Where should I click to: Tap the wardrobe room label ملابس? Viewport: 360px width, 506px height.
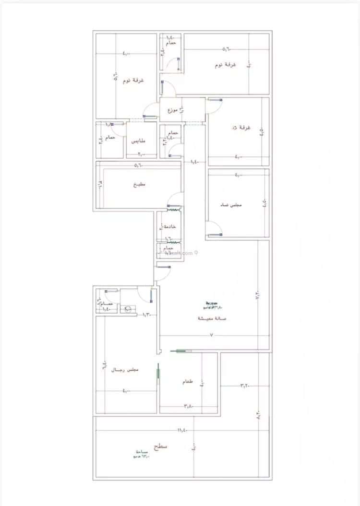point(138,141)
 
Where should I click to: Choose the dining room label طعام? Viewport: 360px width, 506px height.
point(188,382)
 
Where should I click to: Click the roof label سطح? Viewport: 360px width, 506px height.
point(160,447)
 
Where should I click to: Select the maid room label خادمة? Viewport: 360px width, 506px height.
point(170,226)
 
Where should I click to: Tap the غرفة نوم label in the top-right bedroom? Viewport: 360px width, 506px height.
point(225,65)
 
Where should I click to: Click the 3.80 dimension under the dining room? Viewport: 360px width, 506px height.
point(188,406)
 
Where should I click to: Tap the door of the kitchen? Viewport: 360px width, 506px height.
point(175,199)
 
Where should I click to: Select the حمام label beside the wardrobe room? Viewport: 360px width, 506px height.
point(111,138)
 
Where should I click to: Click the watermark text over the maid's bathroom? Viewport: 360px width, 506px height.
point(179,253)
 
